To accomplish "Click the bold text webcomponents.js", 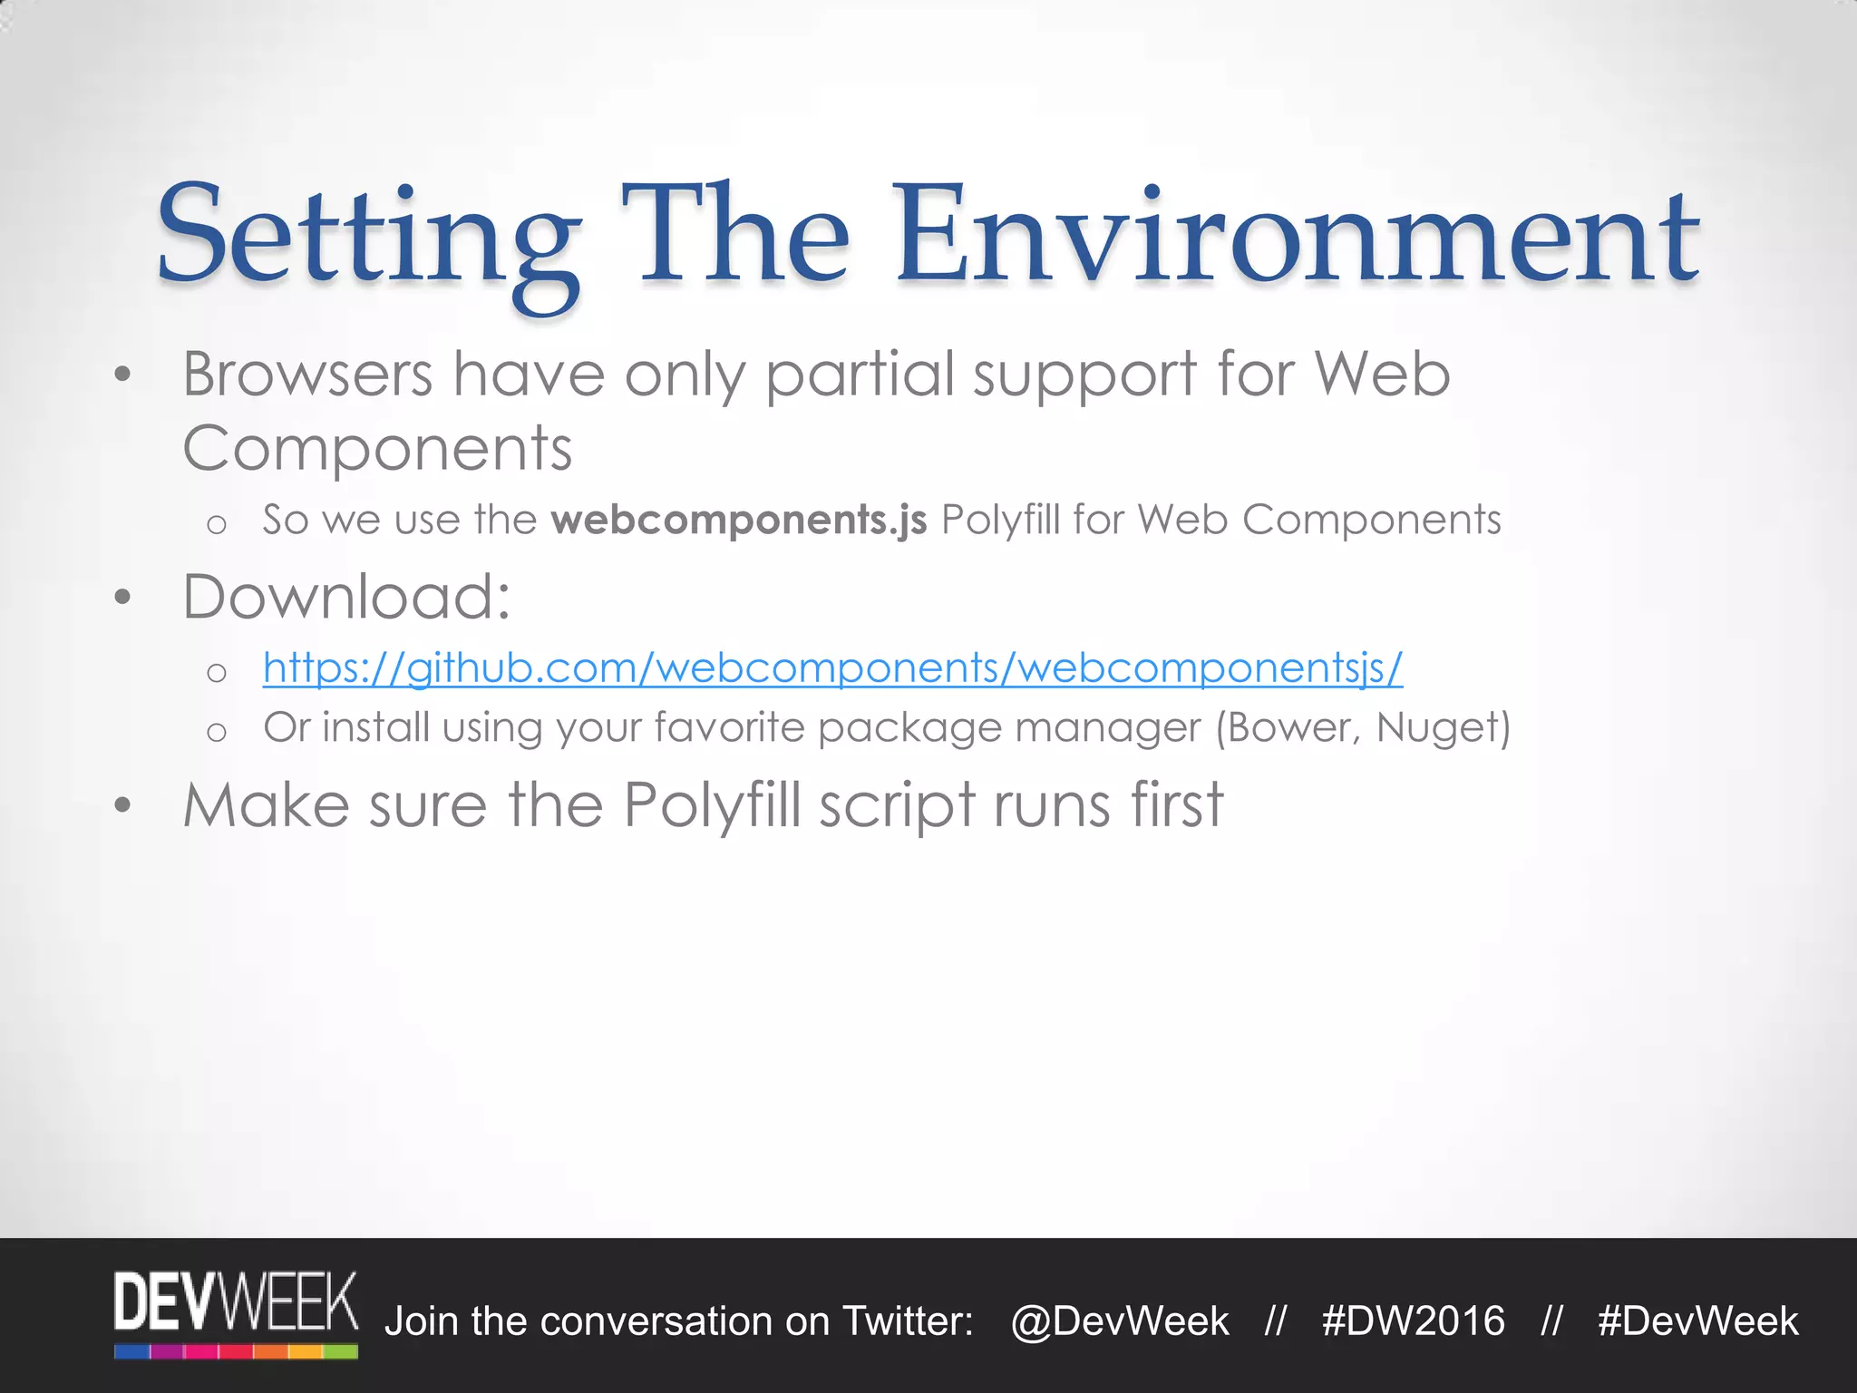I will pos(738,520).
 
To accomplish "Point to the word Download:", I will pos(347,597).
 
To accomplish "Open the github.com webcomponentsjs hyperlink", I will pos(832,667).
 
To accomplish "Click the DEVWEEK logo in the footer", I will pos(236,1313).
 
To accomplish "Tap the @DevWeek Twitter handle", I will pos(1120,1321).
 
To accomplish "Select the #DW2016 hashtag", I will pos(1413,1321).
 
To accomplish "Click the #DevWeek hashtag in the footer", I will pos(1697,1321).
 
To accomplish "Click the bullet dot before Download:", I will pos(123,597).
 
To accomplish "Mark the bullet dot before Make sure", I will pos(123,805).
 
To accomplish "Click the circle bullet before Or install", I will pos(216,731).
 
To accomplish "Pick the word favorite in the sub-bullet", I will pos(729,727).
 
